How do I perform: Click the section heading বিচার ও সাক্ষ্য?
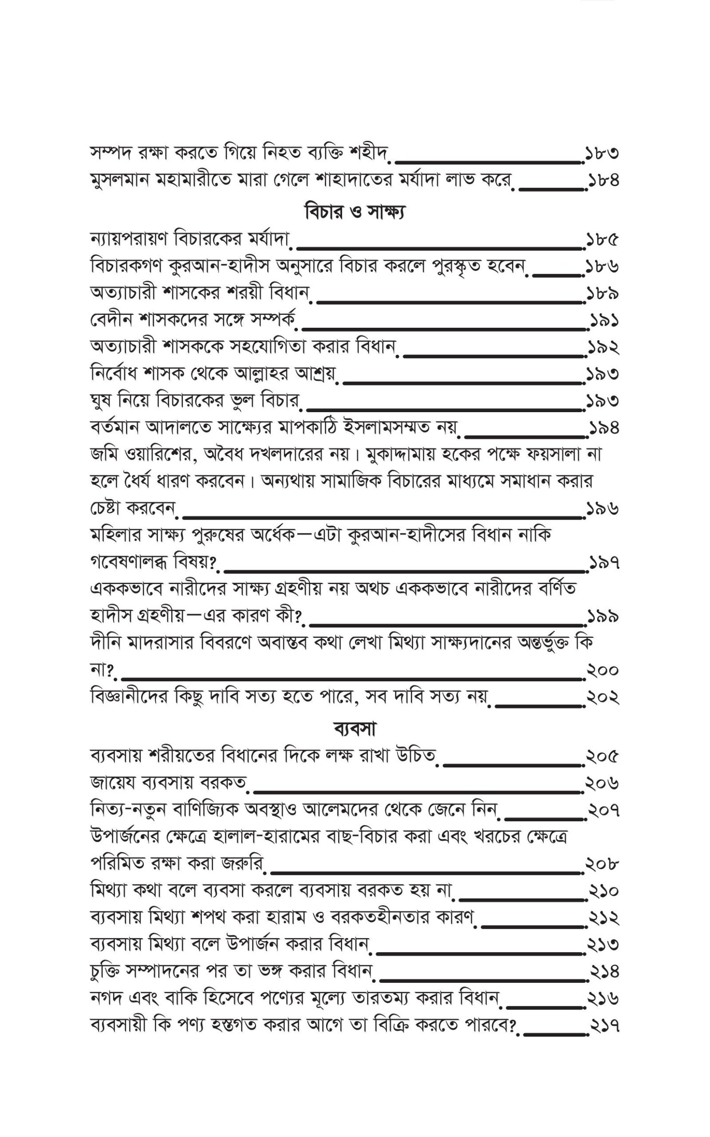point(355,211)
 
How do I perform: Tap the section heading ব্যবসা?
point(355,729)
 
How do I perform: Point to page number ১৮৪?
point(603,180)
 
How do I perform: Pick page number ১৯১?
point(603,321)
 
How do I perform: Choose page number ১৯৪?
point(603,428)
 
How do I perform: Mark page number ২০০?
point(603,671)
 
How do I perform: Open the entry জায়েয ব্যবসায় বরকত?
point(169,783)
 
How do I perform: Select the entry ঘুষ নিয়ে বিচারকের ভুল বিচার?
point(194,401)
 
